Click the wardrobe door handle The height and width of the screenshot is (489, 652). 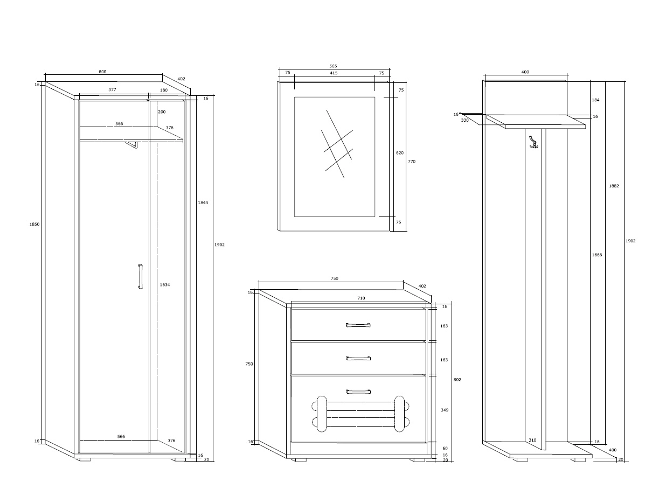141,276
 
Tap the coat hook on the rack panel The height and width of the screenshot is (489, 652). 533,142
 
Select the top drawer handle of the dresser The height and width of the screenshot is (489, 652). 358,325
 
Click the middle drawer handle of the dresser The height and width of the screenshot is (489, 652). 358,358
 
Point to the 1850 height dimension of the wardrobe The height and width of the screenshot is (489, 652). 34,224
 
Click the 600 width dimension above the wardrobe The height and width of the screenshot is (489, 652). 102,72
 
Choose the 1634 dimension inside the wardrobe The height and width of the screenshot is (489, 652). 165,285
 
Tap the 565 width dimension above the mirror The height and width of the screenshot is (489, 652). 334,66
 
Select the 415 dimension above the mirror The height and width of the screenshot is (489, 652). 334,73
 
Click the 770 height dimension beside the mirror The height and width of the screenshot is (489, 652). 412,162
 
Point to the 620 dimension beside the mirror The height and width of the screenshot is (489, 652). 400,153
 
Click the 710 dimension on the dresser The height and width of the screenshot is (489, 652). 361,298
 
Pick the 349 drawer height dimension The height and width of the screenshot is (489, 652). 445,410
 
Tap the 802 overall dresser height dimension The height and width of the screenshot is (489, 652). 457,380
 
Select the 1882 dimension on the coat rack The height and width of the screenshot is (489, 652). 614,186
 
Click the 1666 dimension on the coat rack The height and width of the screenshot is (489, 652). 597,255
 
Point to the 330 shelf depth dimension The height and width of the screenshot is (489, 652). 465,120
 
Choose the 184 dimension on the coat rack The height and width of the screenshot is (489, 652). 595,100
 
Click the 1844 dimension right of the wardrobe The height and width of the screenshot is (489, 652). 203,203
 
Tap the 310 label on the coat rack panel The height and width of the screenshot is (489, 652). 532,440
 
